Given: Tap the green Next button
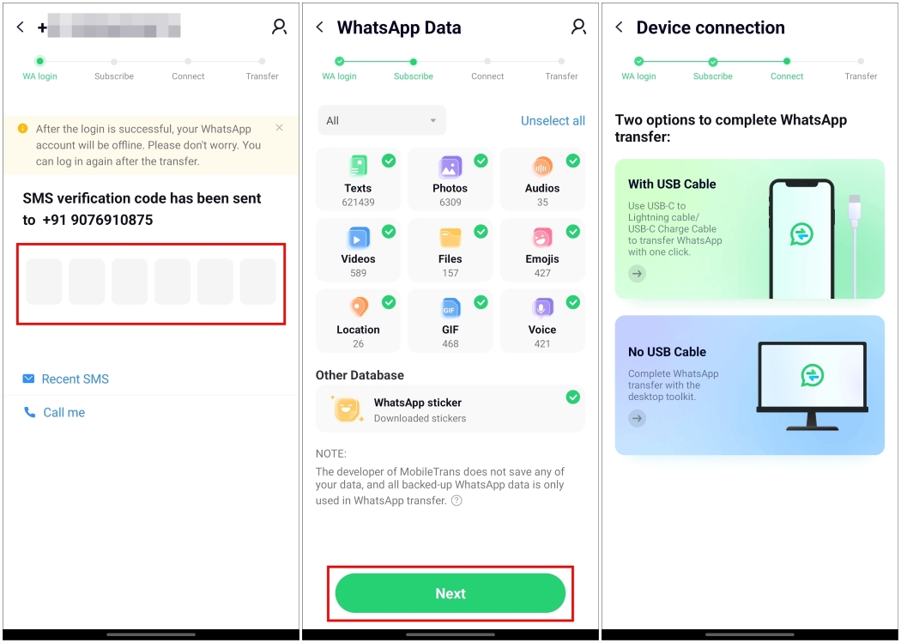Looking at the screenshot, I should click(x=450, y=593).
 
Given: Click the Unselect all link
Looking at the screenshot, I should click(x=553, y=121).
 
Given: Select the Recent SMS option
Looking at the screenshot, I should click(x=75, y=379).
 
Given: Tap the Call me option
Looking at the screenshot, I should click(x=63, y=412).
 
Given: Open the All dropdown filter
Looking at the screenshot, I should click(x=382, y=120).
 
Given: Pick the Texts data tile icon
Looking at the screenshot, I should click(x=358, y=166).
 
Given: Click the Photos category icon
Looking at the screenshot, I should click(x=450, y=166).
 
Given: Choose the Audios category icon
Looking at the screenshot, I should click(x=541, y=166).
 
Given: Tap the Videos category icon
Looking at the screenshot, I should click(x=358, y=237).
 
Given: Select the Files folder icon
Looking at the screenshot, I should click(x=450, y=237).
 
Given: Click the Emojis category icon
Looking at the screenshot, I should click(x=541, y=237).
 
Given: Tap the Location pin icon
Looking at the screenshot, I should click(x=358, y=307).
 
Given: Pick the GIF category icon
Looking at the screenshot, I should click(x=450, y=307).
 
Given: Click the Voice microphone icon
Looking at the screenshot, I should click(x=541, y=307).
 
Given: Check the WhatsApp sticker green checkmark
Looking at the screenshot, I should click(x=572, y=397).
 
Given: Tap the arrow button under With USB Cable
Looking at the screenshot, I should click(x=637, y=274).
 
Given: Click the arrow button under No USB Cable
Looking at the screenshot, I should click(x=637, y=418).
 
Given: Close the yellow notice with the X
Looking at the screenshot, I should click(x=279, y=128).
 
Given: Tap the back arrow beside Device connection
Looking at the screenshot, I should click(x=619, y=27).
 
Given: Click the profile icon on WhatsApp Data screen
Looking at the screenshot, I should click(x=578, y=27).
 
